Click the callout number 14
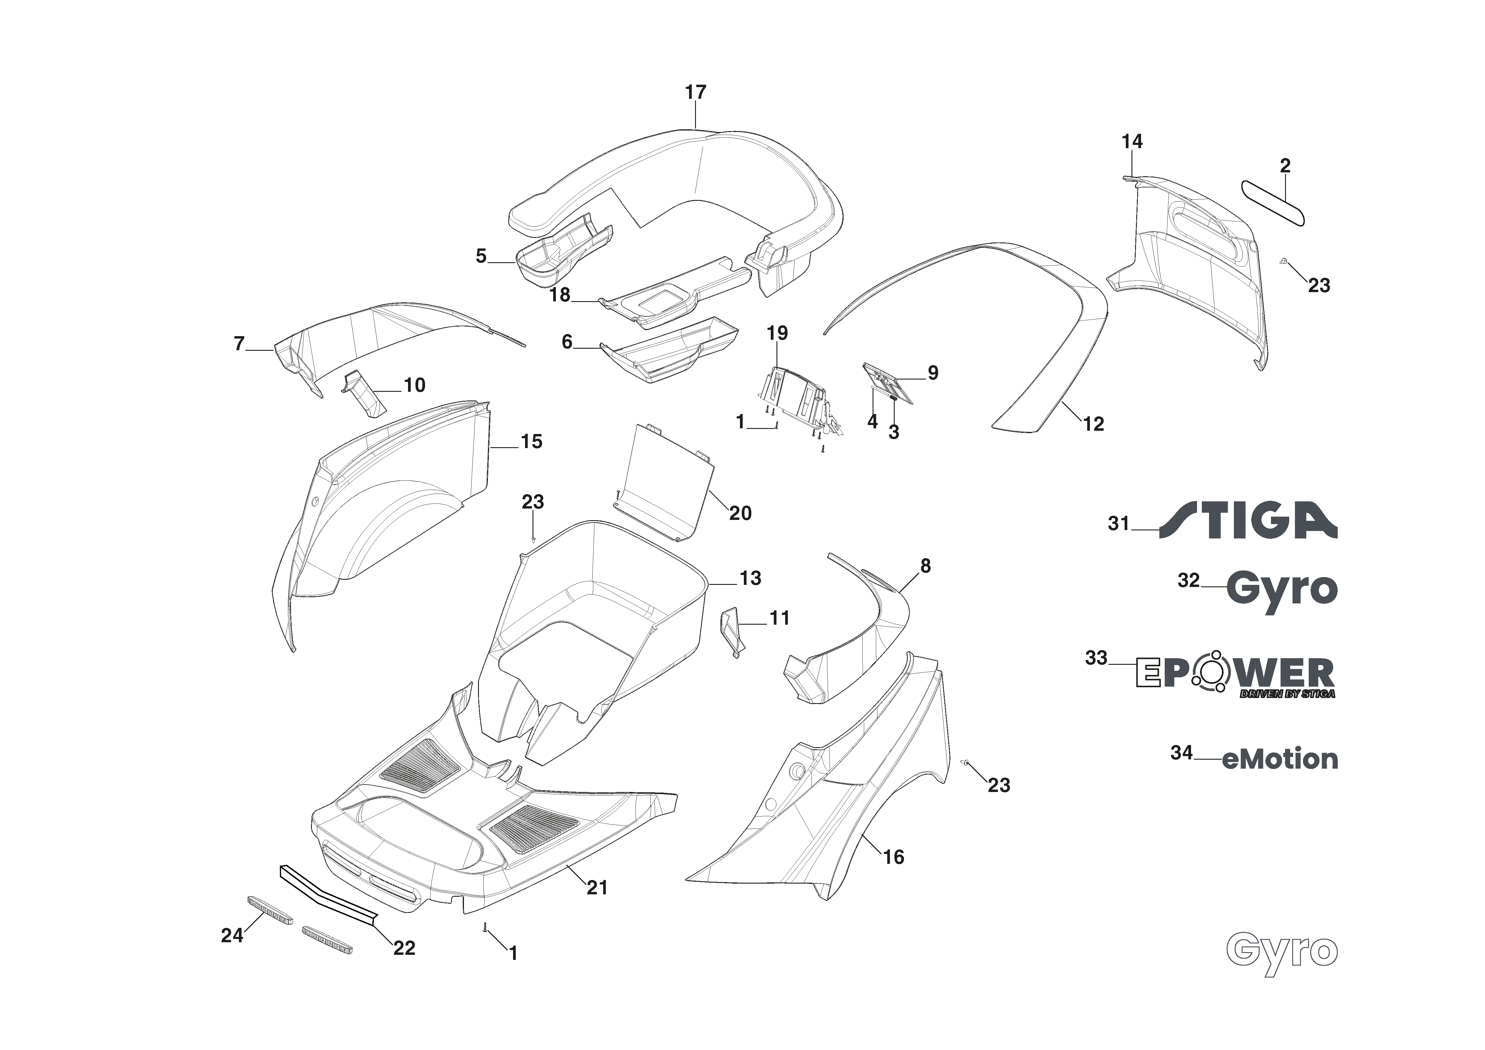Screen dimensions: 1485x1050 point(1132,141)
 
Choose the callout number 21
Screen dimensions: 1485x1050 point(597,888)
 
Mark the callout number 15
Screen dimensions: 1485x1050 point(532,441)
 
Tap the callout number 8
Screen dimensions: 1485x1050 point(926,566)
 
